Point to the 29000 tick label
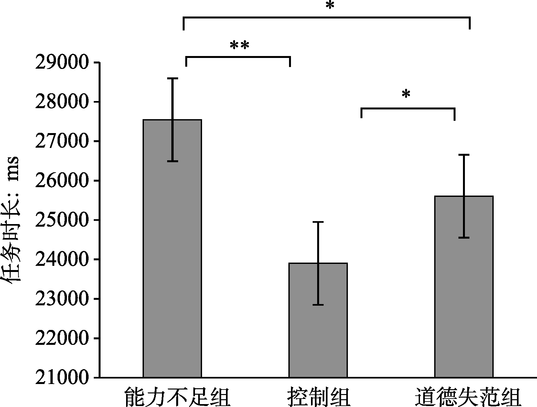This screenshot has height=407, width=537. (x=61, y=63)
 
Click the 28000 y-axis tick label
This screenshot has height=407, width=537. (x=61, y=102)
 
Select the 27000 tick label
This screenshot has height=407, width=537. (x=61, y=141)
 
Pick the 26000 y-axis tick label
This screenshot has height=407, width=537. (x=61, y=181)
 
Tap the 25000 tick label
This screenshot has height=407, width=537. (x=61, y=220)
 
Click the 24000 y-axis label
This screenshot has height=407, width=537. (x=61, y=260)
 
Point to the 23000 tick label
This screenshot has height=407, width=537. (x=61, y=299)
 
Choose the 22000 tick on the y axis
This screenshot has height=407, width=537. (x=61, y=339)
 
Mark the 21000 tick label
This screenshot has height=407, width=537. (x=61, y=378)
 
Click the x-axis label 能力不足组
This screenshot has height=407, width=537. (x=177, y=397)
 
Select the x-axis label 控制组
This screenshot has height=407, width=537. (x=319, y=397)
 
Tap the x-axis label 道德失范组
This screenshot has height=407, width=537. (x=468, y=397)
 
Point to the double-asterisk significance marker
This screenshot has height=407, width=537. (x=239, y=46)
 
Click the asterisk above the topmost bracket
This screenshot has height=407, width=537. (x=329, y=6)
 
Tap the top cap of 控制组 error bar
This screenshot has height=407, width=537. (x=318, y=222)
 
